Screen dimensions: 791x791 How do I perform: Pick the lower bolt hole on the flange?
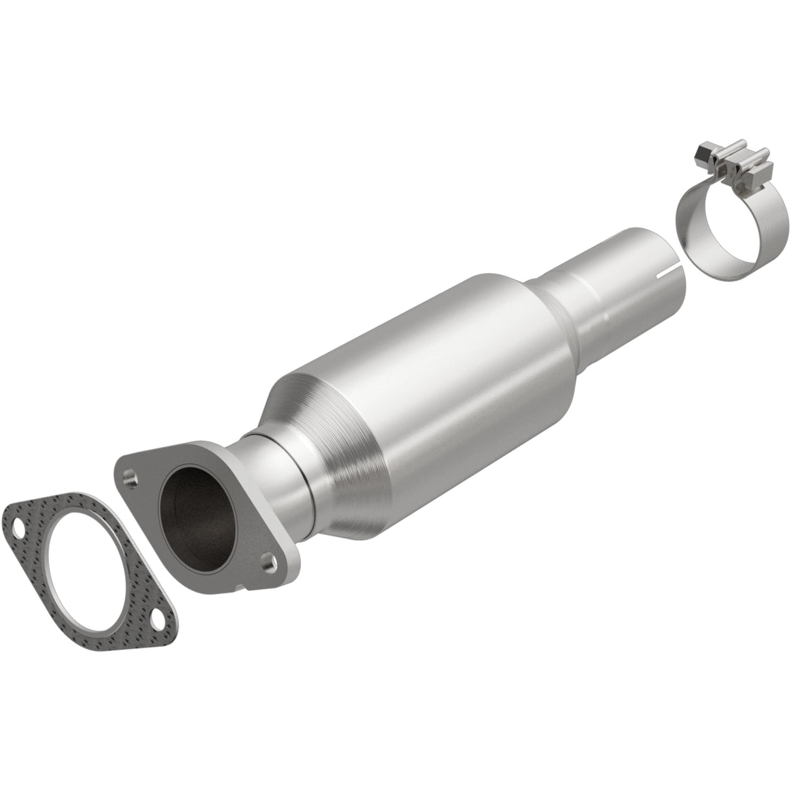(266, 558)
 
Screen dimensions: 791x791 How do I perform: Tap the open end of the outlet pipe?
(658, 257)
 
